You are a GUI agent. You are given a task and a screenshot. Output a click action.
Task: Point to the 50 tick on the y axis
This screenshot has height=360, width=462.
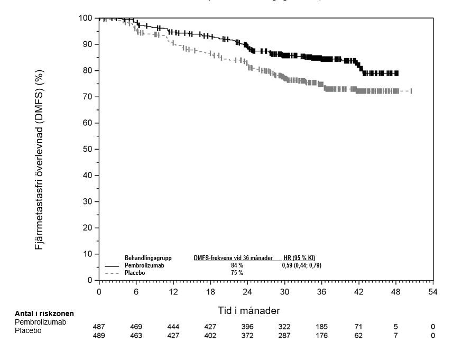point(88,150)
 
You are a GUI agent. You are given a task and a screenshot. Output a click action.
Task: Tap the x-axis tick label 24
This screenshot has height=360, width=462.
point(247,292)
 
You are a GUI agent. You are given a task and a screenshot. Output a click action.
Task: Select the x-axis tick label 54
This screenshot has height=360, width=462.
point(433,292)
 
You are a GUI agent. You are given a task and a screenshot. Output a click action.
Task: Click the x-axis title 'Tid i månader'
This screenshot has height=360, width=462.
point(249,310)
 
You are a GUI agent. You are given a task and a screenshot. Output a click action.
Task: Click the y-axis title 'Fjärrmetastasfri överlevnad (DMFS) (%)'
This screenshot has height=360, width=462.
point(40,150)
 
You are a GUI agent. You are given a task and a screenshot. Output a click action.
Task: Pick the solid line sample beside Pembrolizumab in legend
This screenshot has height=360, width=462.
point(112,266)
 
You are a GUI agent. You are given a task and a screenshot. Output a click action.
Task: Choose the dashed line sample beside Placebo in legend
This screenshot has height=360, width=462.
point(112,273)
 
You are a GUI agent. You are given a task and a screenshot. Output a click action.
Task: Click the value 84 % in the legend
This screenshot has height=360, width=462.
point(236,265)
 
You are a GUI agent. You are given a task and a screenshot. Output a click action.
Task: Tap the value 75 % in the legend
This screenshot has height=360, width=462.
point(236,273)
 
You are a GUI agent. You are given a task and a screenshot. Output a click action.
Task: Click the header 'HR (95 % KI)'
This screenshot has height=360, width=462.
point(299,258)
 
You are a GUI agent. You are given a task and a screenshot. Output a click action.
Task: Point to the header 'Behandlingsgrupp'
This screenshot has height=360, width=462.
point(148,258)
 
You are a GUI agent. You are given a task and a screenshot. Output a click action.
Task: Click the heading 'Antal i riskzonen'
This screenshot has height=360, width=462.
point(44,314)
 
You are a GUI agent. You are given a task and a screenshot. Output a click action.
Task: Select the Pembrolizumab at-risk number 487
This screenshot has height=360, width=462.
point(99,327)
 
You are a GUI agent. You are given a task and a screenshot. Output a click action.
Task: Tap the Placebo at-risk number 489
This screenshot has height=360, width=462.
point(99,336)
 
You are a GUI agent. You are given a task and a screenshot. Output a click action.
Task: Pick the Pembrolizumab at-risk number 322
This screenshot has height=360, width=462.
point(284,327)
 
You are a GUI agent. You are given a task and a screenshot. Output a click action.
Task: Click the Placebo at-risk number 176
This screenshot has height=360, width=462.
point(321,336)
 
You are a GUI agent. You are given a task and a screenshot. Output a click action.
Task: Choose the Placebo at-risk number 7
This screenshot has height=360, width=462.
point(395,336)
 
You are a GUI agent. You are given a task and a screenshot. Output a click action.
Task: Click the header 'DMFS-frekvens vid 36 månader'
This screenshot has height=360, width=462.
point(233,258)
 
